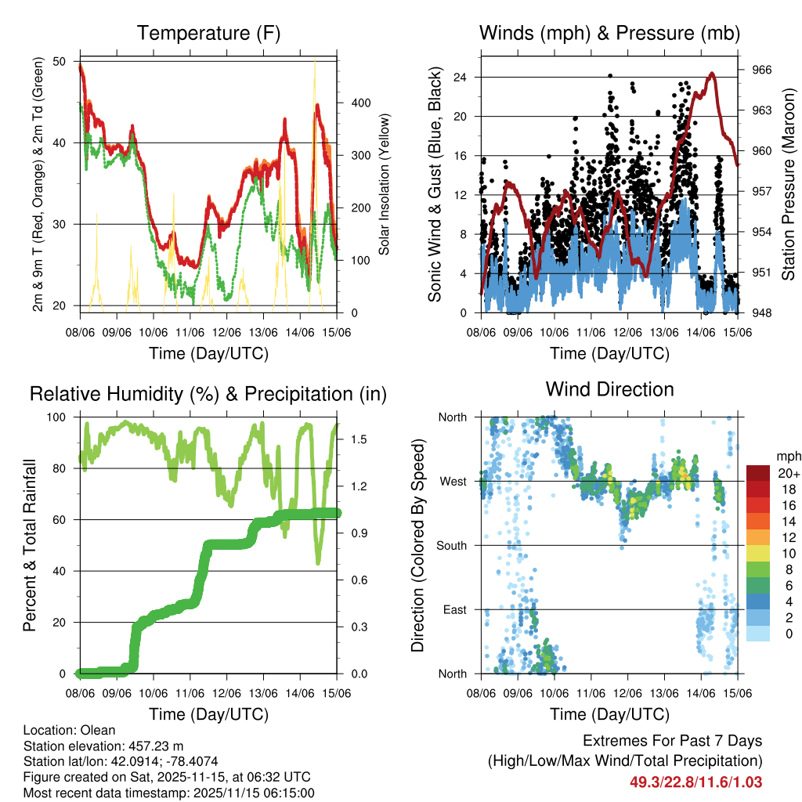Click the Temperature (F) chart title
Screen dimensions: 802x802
[208, 34]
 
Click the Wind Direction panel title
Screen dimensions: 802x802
[609, 389]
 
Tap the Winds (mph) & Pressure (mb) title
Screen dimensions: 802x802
[609, 34]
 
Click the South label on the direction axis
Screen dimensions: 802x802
[452, 545]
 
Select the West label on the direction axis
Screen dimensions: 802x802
[453, 481]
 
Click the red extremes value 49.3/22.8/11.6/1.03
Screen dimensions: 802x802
[695, 782]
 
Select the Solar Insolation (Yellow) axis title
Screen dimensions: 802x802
[385, 185]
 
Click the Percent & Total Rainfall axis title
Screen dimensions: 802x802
[30, 546]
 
